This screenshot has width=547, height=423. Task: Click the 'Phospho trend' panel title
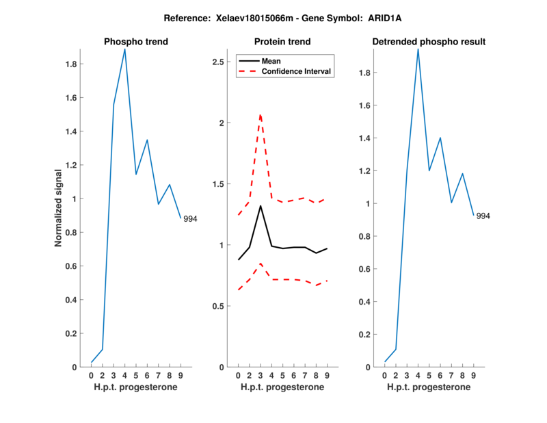click(x=136, y=42)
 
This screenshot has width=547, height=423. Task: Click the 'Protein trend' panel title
click(x=282, y=42)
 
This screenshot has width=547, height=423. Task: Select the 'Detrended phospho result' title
click(x=429, y=42)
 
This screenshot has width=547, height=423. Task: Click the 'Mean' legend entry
click(x=271, y=61)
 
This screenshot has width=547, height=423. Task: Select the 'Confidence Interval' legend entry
click(x=297, y=71)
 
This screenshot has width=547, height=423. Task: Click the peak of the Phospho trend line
click(x=124, y=49)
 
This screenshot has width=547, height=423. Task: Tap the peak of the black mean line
click(x=261, y=206)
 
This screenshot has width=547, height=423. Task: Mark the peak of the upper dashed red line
click(x=261, y=114)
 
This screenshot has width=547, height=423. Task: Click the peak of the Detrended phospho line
click(x=418, y=49)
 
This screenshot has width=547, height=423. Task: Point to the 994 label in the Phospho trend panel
click(x=190, y=219)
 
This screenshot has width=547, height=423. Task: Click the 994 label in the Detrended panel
click(x=483, y=216)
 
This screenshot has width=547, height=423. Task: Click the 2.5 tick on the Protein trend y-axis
click(x=219, y=62)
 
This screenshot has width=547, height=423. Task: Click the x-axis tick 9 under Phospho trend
click(x=181, y=375)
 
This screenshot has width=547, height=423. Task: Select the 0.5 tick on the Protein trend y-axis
click(x=219, y=306)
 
